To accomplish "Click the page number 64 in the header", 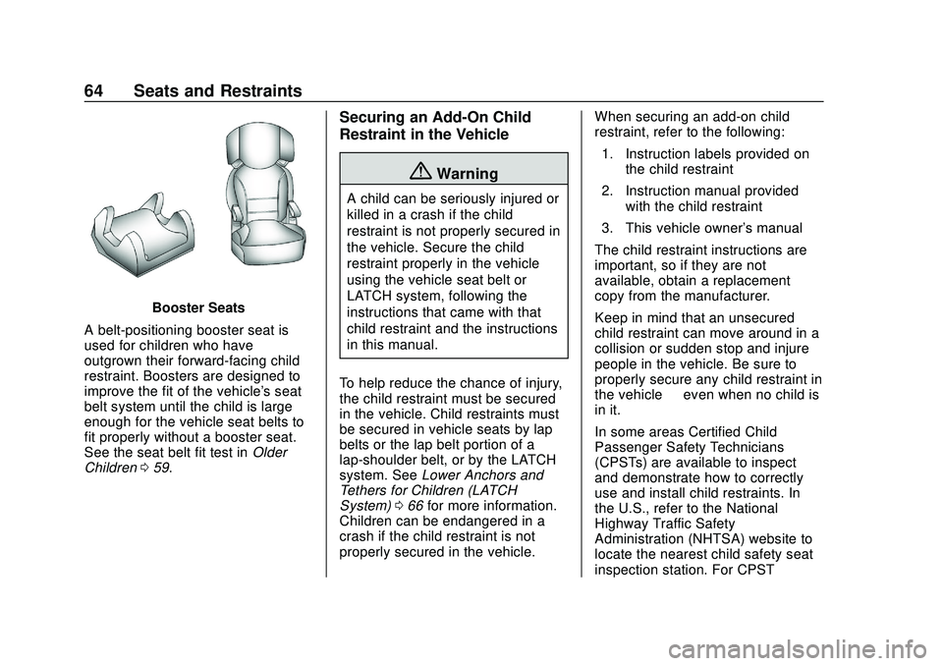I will tap(98, 91).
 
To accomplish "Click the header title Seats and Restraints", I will tap(217, 91).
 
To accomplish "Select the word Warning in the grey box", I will tap(468, 174).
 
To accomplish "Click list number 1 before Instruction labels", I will tap(608, 154).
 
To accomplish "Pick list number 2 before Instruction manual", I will tap(608, 191).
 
